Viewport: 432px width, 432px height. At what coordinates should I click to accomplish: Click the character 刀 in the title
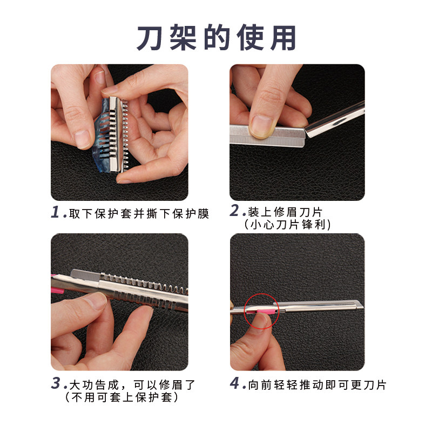pos(151,38)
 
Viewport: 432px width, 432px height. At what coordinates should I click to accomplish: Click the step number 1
pos(56,212)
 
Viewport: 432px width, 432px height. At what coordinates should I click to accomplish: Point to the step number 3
pos(56,384)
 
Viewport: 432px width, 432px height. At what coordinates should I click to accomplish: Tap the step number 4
pos(234,384)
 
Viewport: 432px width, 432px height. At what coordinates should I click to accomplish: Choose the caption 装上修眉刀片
pos(286,212)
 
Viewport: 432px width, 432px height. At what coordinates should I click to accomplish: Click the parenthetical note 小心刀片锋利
pos(287,224)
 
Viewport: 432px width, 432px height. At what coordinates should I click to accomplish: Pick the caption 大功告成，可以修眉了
pos(132,385)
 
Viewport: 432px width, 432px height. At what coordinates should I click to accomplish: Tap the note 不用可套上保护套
pos(121,397)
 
